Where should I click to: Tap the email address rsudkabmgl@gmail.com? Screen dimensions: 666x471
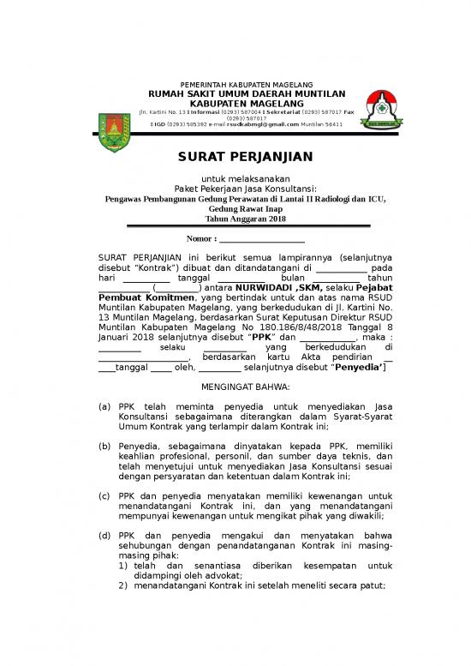(262, 124)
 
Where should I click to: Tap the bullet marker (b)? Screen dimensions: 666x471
(104, 446)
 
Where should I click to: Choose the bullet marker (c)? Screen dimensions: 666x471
(104, 495)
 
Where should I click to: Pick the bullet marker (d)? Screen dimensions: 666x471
(104, 536)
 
